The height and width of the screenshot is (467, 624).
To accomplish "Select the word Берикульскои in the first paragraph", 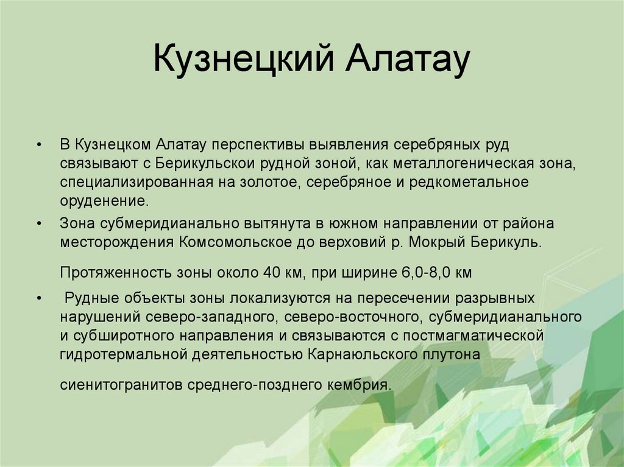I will click(x=204, y=163).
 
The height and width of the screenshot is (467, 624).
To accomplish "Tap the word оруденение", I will click(x=104, y=200).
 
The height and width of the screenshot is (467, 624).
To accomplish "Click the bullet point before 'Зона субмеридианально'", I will click(x=39, y=223).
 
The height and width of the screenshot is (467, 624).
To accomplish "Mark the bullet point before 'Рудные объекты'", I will click(x=39, y=298).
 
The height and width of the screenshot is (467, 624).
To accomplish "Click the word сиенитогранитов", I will click(x=124, y=385).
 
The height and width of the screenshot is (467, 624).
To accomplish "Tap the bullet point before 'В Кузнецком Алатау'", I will click(x=39, y=145).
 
